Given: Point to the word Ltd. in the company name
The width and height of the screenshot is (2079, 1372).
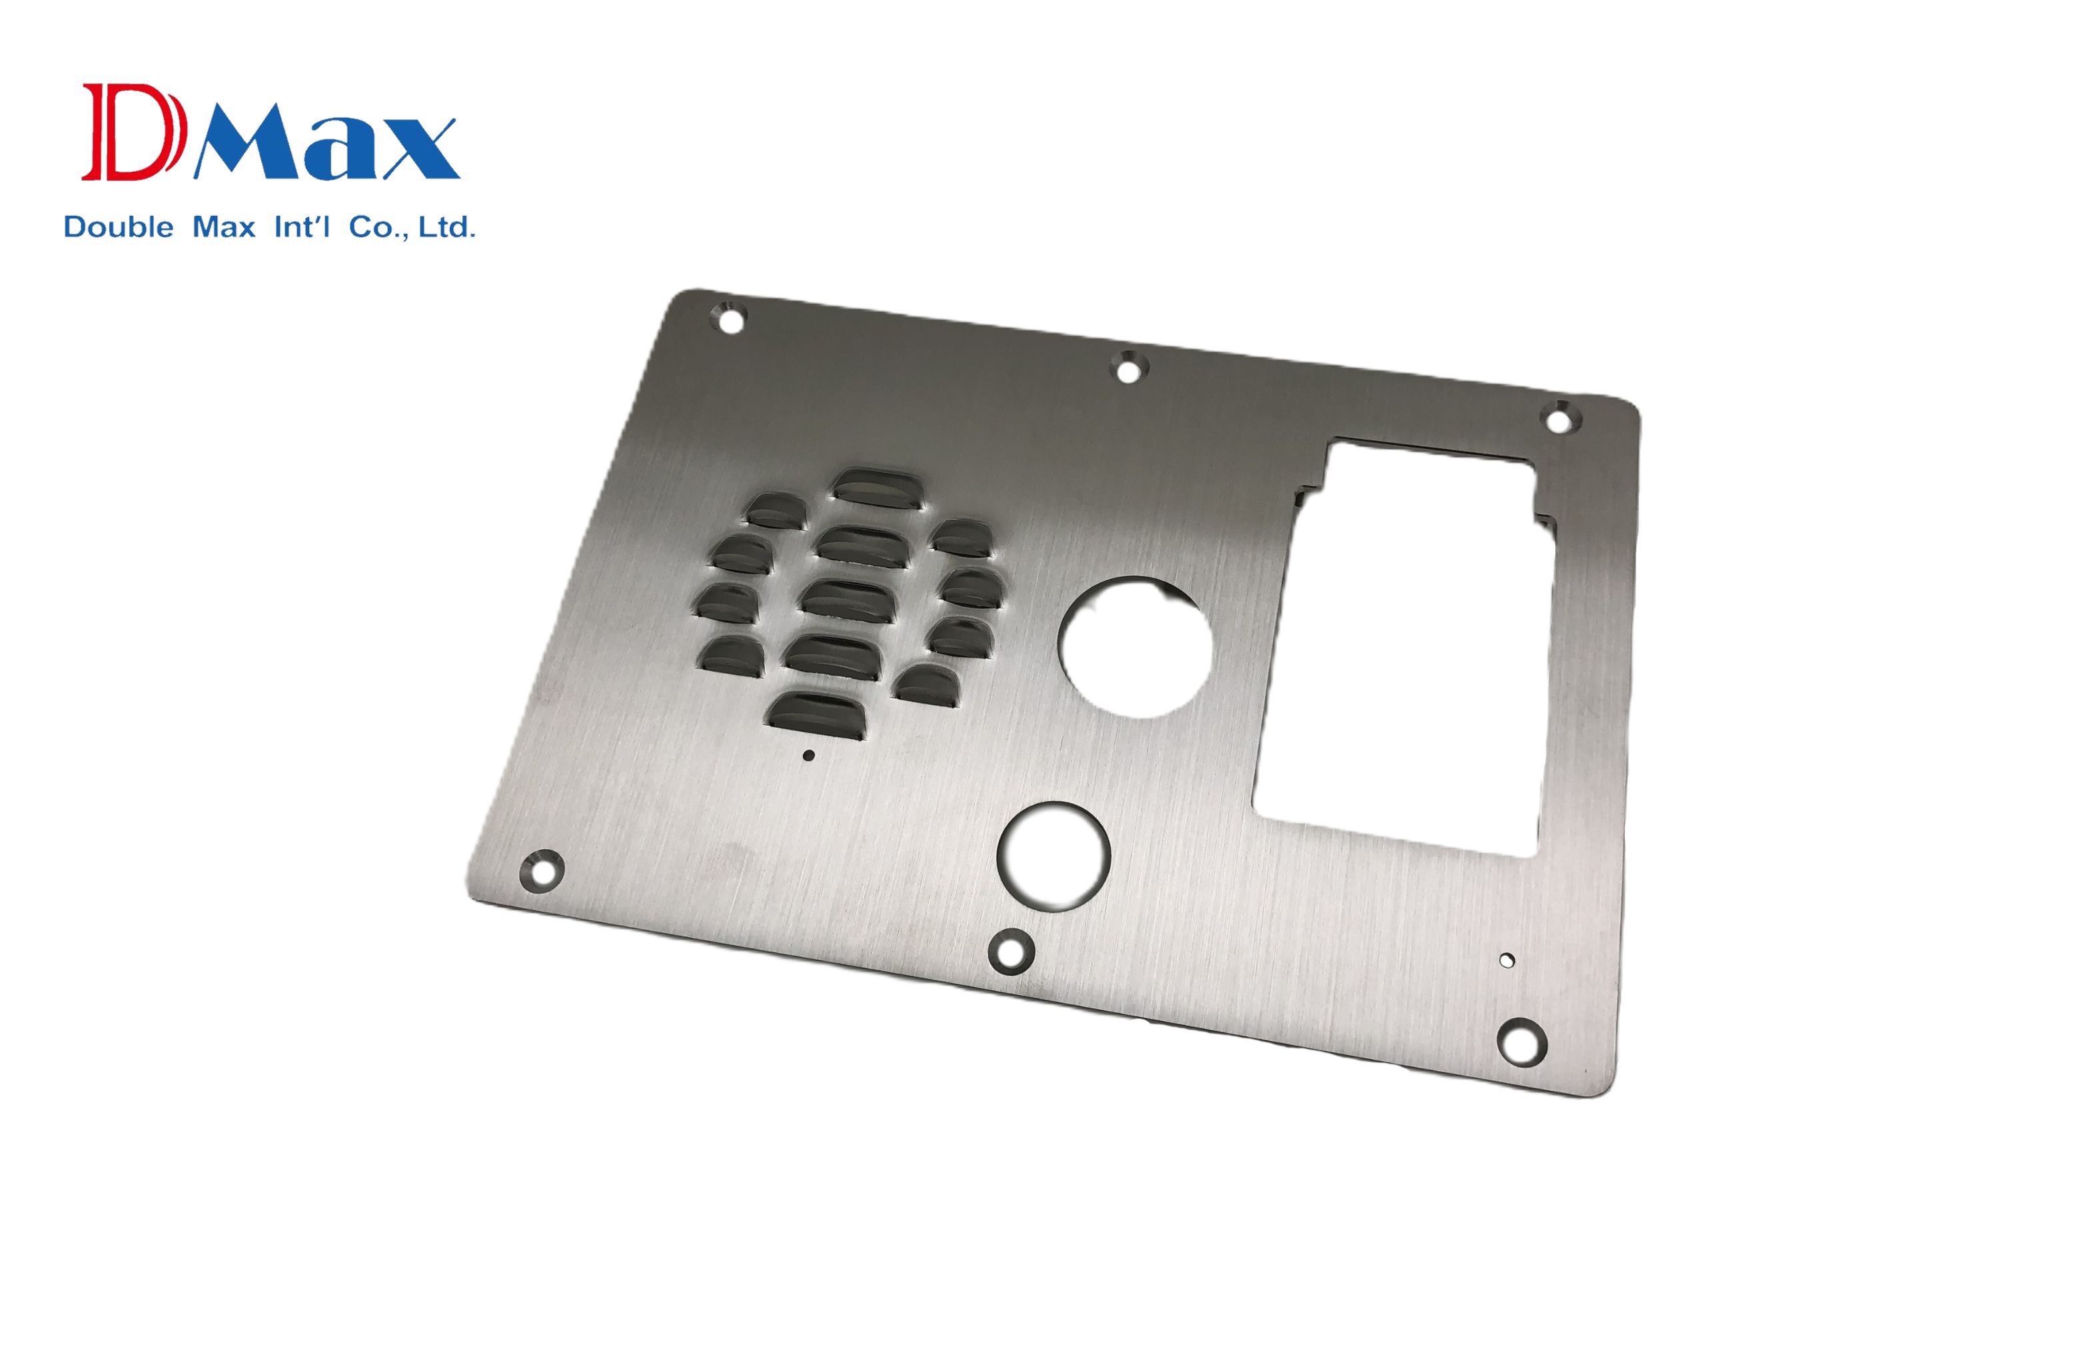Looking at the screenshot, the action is coord(446,228).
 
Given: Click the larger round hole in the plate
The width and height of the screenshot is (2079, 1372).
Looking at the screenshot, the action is coord(1135,647).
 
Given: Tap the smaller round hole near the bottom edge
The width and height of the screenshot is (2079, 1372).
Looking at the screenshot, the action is coord(1054,856).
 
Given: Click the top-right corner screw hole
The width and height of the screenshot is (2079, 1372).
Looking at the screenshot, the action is coord(1558,419).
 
